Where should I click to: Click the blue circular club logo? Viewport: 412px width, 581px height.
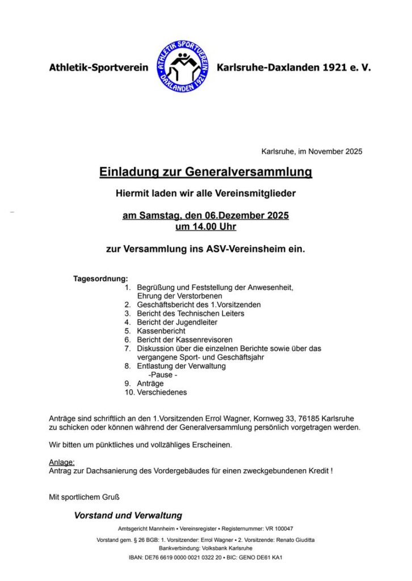coord(183,67)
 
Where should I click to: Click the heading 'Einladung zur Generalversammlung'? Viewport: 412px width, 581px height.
coord(205,171)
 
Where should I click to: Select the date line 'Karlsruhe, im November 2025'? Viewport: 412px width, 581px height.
coord(312,151)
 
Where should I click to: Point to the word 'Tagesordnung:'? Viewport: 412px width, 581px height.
coord(100,279)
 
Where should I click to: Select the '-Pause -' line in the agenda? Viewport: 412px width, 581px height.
coord(163,374)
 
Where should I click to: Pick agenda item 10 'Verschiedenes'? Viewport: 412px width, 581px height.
coord(162,392)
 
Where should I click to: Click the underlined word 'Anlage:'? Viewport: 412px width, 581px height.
coord(62,462)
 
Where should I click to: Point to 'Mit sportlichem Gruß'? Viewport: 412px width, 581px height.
coord(84,498)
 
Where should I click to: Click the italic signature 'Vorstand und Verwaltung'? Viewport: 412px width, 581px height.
coord(128,516)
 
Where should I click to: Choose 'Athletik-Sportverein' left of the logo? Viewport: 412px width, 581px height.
coord(98,68)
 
